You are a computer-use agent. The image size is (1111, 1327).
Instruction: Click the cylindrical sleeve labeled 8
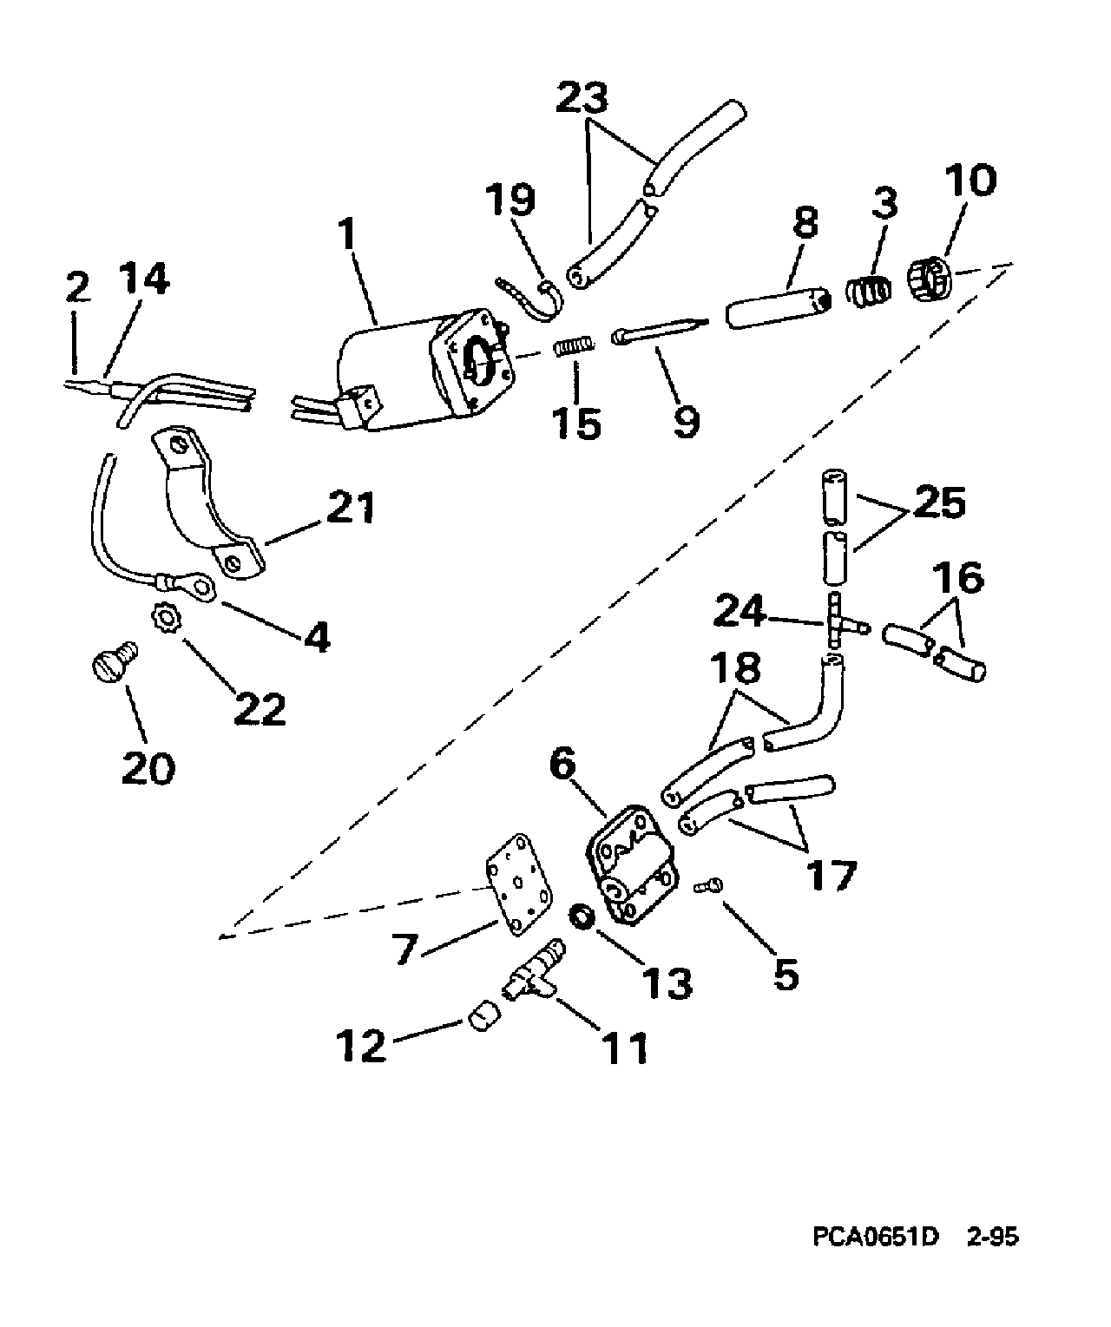coord(778,311)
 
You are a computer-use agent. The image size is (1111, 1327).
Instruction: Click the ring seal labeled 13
coord(581,916)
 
